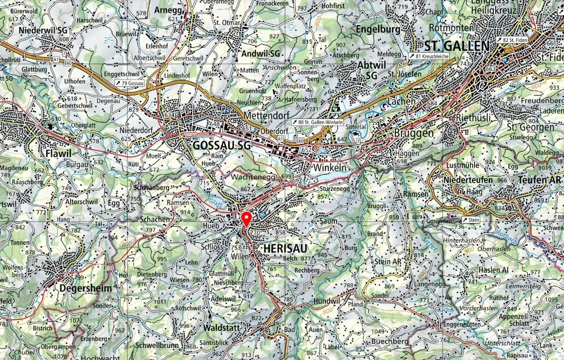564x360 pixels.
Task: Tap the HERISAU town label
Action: pos(285,248)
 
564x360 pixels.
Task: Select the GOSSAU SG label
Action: pos(221,145)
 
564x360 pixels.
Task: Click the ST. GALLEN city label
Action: pos(457,46)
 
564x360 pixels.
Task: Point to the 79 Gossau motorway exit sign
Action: pos(130,83)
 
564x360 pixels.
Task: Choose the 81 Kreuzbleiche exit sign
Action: pos(429,56)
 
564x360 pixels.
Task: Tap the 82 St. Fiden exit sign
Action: pos(512,40)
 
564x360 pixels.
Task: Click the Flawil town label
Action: pos(58,153)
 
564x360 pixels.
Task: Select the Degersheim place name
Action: pos(85,288)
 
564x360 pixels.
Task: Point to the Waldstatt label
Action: pos(221,327)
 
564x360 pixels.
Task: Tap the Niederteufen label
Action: pos(468,180)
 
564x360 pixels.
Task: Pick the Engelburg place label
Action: pos(378,29)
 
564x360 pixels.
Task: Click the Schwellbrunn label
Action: pos(157,346)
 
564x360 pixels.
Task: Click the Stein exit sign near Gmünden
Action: pos(470,220)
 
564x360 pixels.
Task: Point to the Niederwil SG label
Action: pos(43,30)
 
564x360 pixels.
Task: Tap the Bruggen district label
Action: pos(414,133)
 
